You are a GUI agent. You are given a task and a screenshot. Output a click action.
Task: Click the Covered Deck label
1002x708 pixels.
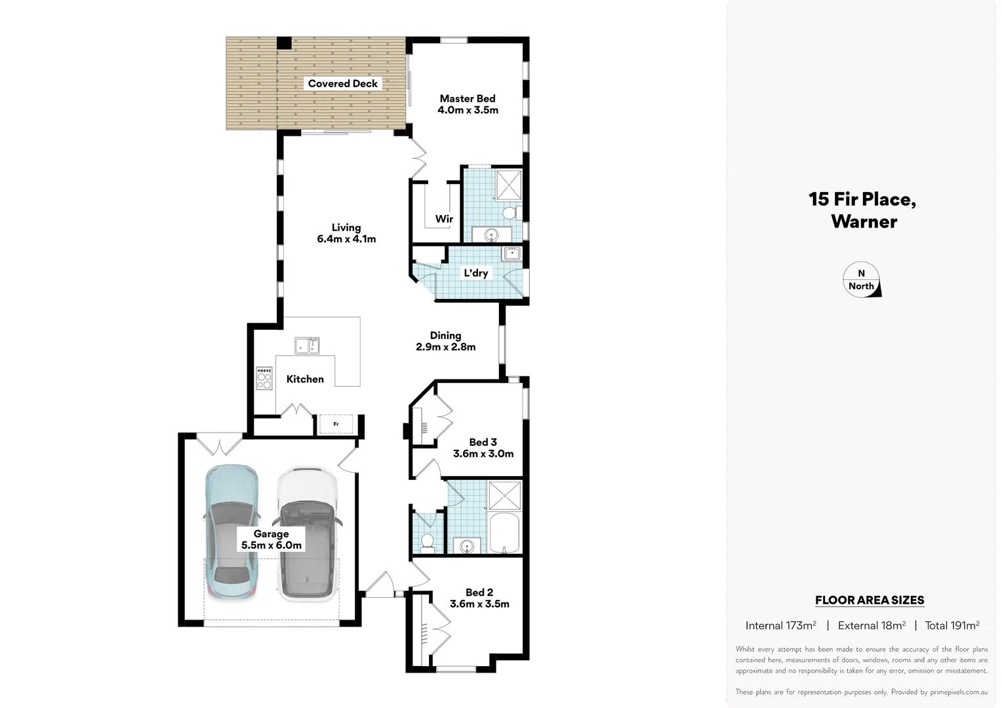pyautogui.click(x=342, y=84)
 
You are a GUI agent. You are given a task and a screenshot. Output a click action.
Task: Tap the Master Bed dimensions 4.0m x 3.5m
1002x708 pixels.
pyautogui.click(x=468, y=110)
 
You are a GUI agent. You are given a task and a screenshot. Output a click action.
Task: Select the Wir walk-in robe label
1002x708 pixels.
pyautogui.click(x=444, y=219)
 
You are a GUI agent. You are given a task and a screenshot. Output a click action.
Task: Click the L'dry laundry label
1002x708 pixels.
pyautogui.click(x=475, y=273)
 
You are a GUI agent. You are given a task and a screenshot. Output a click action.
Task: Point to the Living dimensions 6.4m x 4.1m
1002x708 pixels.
pyautogui.click(x=346, y=239)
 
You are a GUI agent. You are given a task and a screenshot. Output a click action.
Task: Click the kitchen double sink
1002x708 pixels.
pyautogui.click(x=307, y=345)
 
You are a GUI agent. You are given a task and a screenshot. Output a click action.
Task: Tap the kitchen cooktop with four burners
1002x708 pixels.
pyautogui.click(x=264, y=378)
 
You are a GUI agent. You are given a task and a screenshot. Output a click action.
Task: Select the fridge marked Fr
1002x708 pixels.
pyautogui.click(x=336, y=425)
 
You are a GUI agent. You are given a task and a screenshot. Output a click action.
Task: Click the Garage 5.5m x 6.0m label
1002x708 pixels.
pyautogui.click(x=271, y=540)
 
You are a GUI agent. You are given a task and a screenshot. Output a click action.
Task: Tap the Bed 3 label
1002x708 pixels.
pyautogui.click(x=483, y=442)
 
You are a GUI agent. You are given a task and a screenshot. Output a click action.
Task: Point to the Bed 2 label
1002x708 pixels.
pyautogui.click(x=479, y=593)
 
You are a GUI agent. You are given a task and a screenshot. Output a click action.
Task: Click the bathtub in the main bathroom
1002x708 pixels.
pyautogui.click(x=504, y=534)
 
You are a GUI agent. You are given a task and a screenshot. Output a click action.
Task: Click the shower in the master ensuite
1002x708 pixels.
pyautogui.click(x=509, y=185)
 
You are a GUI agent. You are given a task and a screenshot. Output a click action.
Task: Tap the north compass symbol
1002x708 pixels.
pyautogui.click(x=861, y=280)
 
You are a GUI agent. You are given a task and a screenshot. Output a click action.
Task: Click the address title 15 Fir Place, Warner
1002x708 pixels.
pyautogui.click(x=862, y=210)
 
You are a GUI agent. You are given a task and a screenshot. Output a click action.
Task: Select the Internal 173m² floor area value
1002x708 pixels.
pyautogui.click(x=780, y=625)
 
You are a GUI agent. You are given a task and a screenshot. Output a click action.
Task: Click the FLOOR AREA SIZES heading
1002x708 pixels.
pyautogui.click(x=870, y=600)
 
